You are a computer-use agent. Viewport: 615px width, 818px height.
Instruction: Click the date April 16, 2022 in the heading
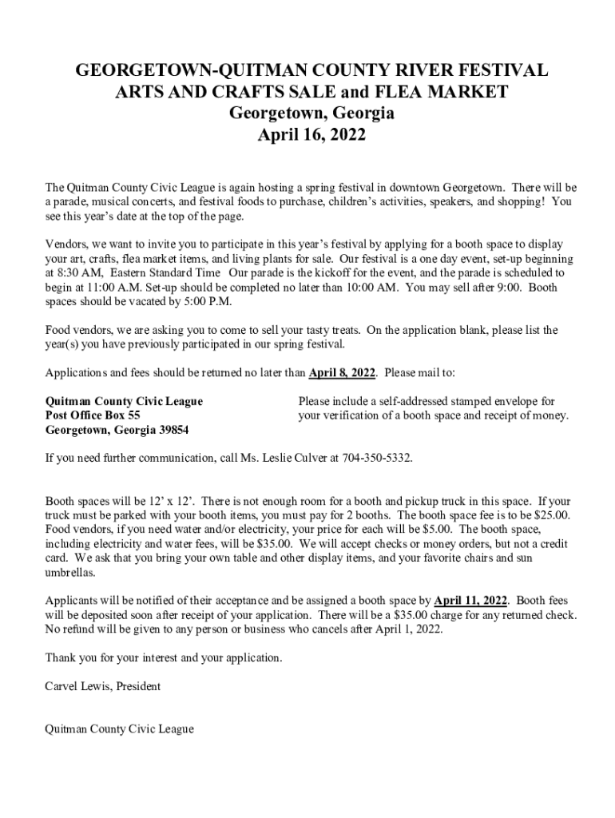click(311, 135)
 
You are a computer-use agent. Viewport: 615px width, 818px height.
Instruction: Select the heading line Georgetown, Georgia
click(311, 113)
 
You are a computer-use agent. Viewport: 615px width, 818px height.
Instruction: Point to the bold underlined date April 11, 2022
click(471, 600)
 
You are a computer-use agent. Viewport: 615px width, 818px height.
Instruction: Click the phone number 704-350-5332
click(377, 459)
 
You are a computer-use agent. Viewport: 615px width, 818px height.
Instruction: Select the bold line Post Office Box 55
click(93, 415)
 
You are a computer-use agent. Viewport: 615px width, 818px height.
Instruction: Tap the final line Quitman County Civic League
click(120, 729)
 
